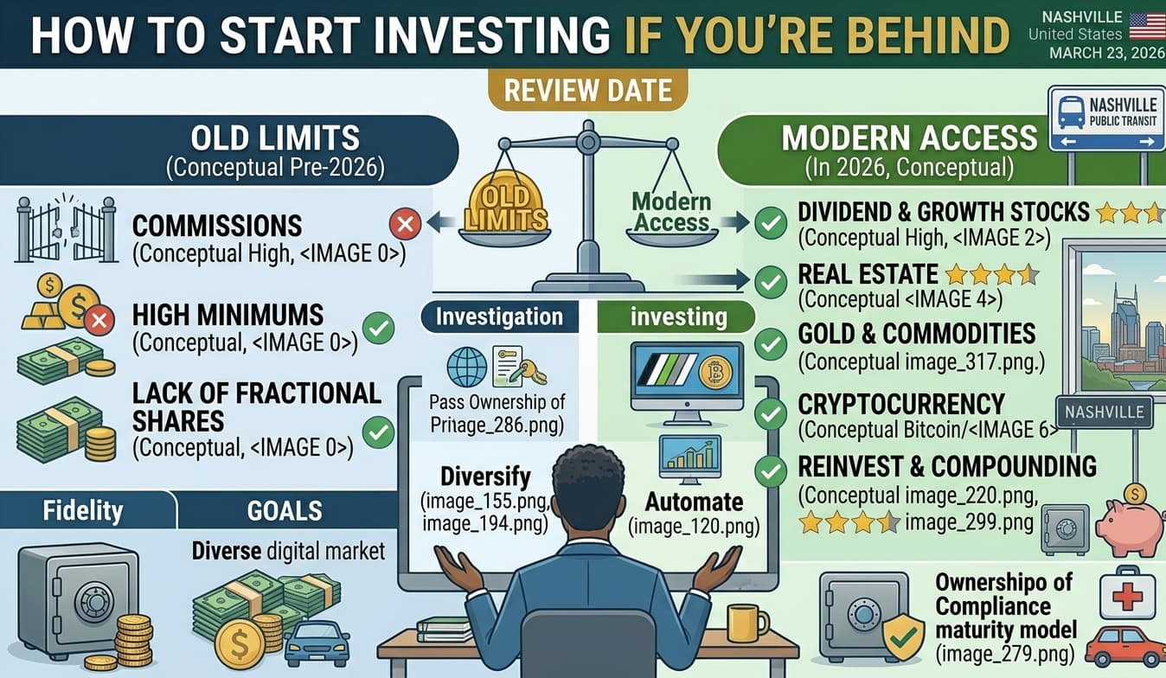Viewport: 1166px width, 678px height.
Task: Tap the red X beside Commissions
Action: (x=404, y=225)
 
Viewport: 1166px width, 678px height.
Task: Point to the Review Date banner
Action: (x=587, y=91)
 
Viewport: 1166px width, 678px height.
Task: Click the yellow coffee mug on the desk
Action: (x=746, y=622)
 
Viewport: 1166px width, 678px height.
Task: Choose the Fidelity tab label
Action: (x=83, y=509)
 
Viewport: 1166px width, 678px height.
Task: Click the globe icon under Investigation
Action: (x=466, y=366)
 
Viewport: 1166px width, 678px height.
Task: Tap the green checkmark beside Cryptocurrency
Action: (x=770, y=413)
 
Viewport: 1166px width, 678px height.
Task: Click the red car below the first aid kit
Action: (x=1124, y=646)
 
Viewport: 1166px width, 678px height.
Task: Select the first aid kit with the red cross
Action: (x=1126, y=592)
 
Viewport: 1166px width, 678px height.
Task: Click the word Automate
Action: (x=694, y=502)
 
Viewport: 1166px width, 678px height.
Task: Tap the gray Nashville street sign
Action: (x=1104, y=412)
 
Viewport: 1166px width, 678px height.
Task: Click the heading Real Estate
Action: (x=868, y=274)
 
